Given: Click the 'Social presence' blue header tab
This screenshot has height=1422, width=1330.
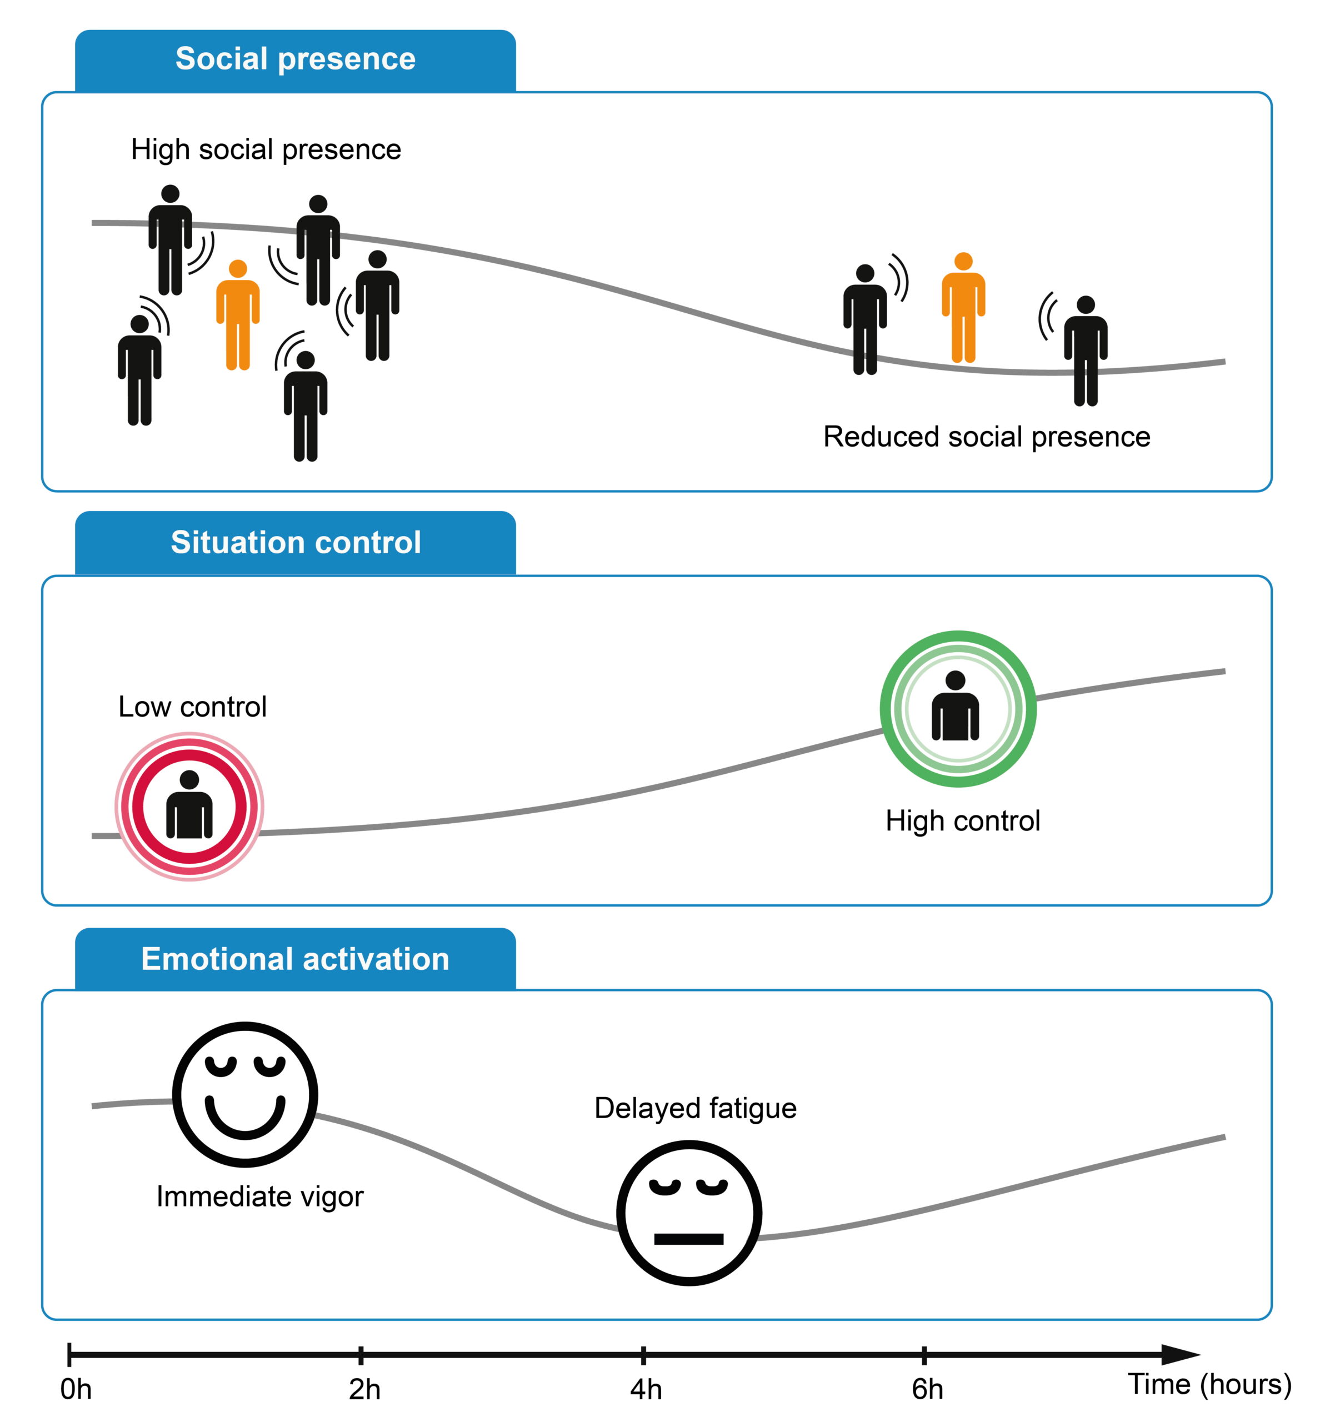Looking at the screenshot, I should (295, 59).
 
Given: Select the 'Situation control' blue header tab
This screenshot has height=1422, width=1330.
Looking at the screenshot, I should (295, 543).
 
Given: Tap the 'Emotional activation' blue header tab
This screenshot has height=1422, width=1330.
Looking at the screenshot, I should (295, 959).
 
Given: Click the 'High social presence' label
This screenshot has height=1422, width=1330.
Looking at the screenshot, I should (266, 149).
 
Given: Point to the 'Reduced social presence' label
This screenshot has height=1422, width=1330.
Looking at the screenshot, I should (986, 437).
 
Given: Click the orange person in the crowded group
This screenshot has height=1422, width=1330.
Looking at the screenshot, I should (238, 316).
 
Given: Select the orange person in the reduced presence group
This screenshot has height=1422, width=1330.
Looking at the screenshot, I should (963, 308).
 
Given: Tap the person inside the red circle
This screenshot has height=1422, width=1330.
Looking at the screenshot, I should (189, 805).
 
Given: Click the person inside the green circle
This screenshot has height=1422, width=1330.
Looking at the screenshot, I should (955, 706).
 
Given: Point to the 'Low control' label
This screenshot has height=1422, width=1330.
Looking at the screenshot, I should (192, 707).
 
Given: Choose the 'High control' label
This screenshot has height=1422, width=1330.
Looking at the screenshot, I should (962, 820).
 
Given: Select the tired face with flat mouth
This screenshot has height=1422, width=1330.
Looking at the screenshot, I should (688, 1213).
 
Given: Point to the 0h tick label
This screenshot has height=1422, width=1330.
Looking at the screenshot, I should (76, 1389).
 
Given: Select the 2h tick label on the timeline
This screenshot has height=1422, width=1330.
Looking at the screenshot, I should (364, 1389).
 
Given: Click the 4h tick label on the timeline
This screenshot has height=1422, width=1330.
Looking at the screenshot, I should (646, 1389).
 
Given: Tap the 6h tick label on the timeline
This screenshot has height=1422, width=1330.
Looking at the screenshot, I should (927, 1389).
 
